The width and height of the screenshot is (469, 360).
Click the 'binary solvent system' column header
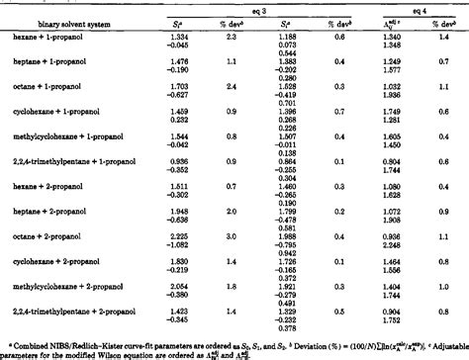pyautogui.click(x=61, y=23)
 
